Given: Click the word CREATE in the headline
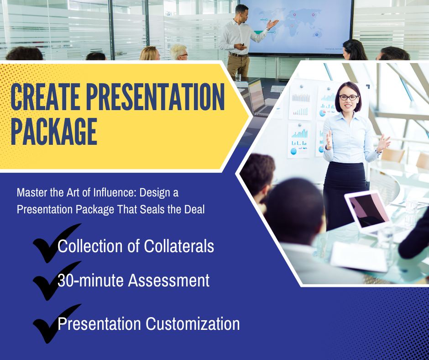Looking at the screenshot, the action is tap(45, 97).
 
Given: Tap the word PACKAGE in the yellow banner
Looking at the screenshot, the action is tap(54, 132).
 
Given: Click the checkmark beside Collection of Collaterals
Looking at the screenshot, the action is tap(56, 243).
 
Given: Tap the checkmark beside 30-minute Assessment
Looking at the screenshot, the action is tap(56, 280).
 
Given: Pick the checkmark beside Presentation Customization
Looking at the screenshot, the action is tap(56, 323).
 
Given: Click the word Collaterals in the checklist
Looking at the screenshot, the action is tap(179, 246).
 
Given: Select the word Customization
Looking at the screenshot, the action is tap(193, 323).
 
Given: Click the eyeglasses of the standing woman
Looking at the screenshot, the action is tap(348, 97).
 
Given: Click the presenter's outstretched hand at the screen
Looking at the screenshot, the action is tap(272, 24).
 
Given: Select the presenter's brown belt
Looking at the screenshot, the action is tap(239, 55).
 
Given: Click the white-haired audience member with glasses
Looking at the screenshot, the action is tap(178, 53).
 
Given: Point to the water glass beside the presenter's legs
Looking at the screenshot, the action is tap(238, 77).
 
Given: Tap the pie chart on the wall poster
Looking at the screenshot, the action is tap(322, 113).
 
